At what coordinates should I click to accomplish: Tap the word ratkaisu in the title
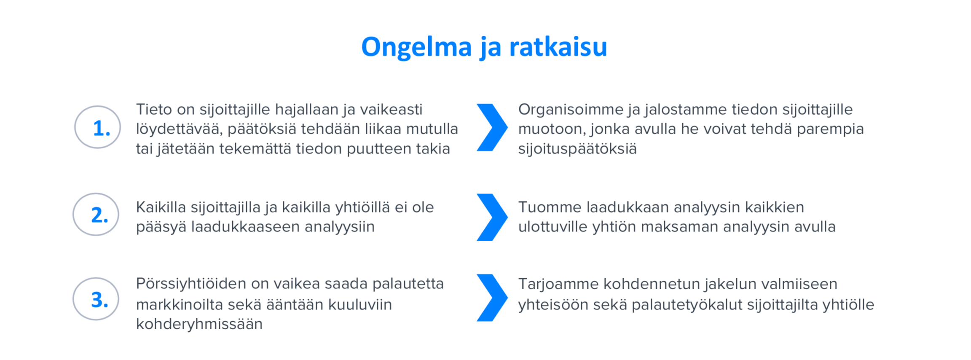558,47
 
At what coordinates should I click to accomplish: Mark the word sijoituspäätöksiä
577,149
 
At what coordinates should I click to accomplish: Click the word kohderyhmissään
199,324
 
